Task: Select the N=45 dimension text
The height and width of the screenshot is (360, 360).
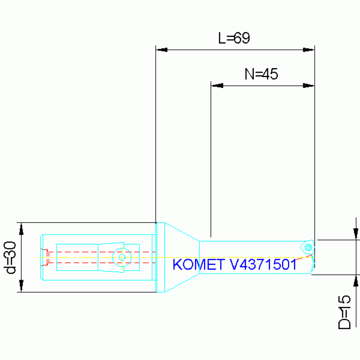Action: click(261, 74)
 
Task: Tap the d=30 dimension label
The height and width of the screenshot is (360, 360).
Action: click(10, 257)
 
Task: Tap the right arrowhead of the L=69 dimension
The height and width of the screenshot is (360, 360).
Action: click(308, 50)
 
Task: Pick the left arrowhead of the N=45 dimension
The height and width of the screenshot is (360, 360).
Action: click(217, 86)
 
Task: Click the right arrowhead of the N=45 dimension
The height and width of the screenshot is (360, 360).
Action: click(308, 86)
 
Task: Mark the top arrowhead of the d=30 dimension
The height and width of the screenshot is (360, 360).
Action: click(21, 229)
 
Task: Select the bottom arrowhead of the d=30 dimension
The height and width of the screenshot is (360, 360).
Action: click(21, 285)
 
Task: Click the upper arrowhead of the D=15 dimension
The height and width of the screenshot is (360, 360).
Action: click(356, 233)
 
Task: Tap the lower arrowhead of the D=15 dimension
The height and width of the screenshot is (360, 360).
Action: click(356, 281)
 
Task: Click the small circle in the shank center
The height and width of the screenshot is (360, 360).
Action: click(122, 257)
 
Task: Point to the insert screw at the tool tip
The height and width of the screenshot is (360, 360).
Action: click(308, 247)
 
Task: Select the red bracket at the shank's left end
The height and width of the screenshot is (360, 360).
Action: click(45, 257)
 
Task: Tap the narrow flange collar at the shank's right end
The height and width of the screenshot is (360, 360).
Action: click(160, 257)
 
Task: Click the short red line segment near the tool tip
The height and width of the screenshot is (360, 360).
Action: click(304, 257)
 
